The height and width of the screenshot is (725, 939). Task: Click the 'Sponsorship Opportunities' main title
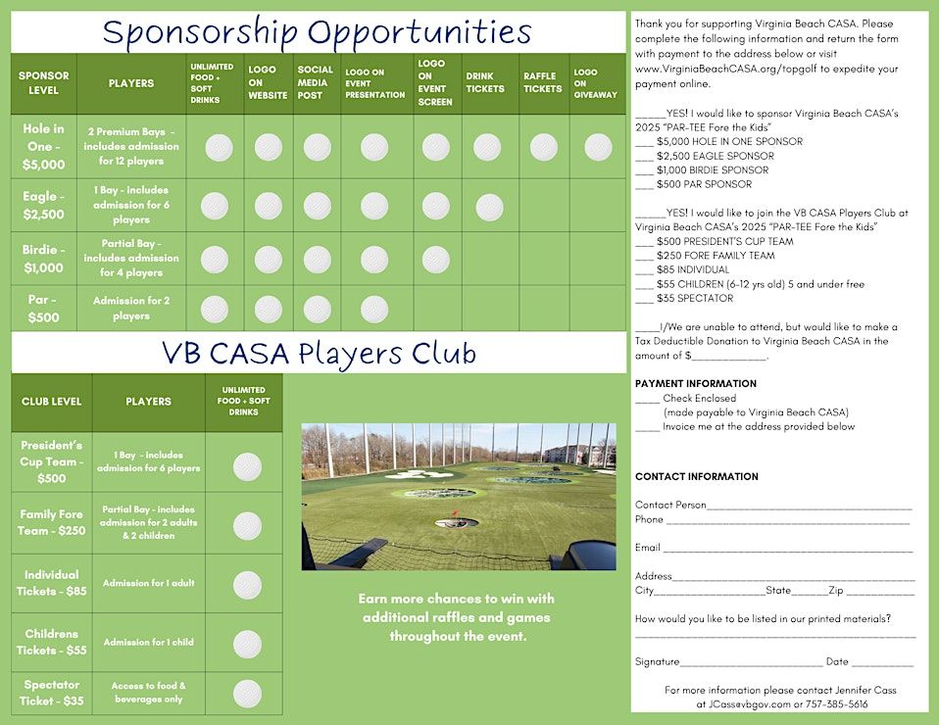click(317, 31)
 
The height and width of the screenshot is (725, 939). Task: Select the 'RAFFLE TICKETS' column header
click(542, 82)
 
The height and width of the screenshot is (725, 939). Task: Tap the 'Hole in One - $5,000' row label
click(44, 147)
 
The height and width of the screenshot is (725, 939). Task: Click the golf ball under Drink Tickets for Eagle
click(489, 207)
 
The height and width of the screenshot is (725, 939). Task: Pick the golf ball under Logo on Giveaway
click(598, 147)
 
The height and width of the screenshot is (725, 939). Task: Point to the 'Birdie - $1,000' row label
click(44, 259)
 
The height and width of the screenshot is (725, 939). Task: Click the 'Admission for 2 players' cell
click(130, 309)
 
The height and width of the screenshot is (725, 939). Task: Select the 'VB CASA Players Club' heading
click(319, 353)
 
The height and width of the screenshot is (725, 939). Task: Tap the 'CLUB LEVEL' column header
click(51, 402)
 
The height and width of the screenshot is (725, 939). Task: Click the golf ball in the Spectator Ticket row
click(247, 693)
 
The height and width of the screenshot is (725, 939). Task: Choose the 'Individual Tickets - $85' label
click(51, 583)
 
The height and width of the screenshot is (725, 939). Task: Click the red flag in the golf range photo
click(454, 513)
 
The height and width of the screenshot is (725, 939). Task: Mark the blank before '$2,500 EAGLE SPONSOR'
click(644, 156)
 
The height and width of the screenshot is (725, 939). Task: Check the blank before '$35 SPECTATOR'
click(644, 299)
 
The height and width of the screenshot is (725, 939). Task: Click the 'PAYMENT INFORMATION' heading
click(695, 384)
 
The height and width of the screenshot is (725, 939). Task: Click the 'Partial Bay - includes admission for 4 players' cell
click(130, 259)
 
